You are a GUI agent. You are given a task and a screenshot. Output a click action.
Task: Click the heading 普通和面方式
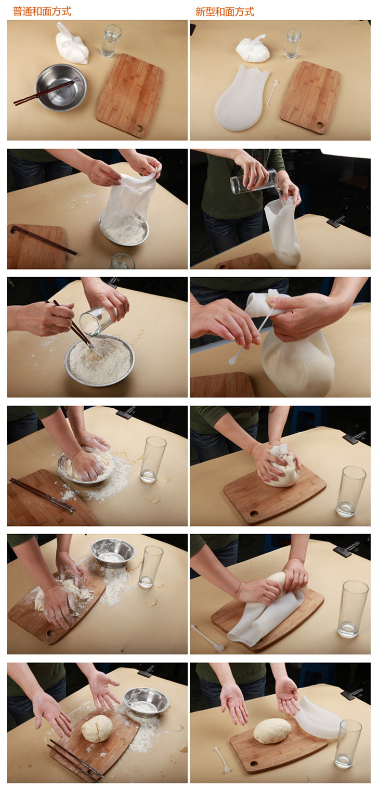[42, 11]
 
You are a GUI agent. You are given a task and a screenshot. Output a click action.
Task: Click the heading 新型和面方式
[225, 12]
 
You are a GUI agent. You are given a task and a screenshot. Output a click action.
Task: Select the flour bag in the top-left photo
[72, 44]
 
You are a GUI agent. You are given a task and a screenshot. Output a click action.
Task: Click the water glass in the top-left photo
[111, 41]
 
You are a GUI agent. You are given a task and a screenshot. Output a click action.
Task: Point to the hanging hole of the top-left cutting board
[140, 128]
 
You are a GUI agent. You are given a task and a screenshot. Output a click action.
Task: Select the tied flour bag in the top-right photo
[253, 48]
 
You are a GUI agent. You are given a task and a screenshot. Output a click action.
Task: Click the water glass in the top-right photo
[293, 44]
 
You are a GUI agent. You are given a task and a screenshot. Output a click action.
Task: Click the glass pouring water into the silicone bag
[254, 181]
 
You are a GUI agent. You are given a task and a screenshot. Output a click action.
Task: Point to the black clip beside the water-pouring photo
[336, 221]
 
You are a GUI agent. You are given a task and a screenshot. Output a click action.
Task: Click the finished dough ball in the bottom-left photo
[97, 729]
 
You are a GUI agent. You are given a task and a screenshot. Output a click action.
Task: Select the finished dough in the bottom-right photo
[272, 731]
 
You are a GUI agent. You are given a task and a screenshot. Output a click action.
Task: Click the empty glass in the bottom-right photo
[348, 744]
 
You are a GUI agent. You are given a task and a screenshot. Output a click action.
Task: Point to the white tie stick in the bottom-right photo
[222, 760]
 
